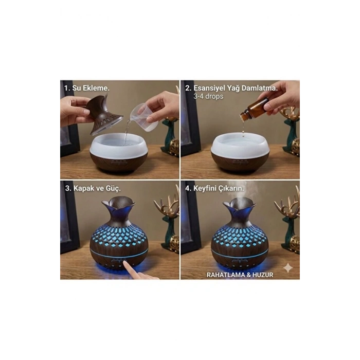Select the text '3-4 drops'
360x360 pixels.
(208, 96)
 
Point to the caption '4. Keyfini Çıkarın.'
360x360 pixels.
(218, 188)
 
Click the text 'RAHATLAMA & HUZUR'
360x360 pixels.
(240, 275)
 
